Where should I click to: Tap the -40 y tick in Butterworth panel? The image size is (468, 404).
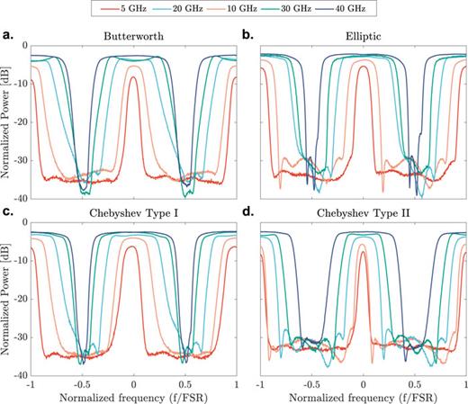(20, 197)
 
